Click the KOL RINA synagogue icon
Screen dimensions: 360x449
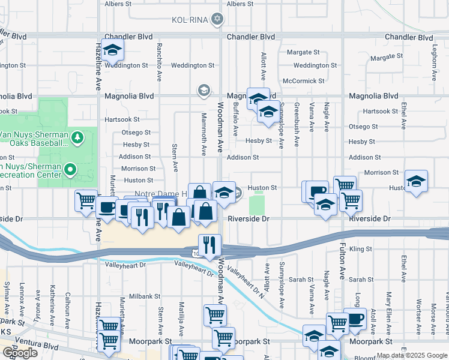click(217, 20)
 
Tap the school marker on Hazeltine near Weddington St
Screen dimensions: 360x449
click(112, 51)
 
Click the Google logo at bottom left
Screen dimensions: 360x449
click(20, 352)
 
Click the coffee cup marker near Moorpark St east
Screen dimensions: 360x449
click(355, 318)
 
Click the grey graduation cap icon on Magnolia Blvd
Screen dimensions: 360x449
click(203, 91)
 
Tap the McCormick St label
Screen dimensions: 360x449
click(303, 80)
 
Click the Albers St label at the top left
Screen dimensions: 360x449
click(118, 4)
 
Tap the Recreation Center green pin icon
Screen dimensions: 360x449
click(71, 170)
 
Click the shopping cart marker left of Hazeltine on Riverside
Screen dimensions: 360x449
click(86, 200)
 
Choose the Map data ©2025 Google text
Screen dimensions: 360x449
click(411, 355)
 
